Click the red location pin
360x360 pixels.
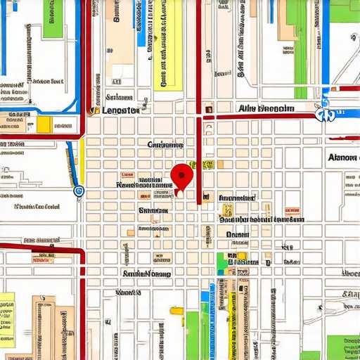pyautogui.click(x=181, y=175)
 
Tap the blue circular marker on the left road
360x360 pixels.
pyautogui.click(x=77, y=190)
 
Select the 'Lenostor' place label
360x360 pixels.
pyautogui.click(x=120, y=110)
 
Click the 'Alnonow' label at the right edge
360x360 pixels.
pyautogui.click(x=342, y=157)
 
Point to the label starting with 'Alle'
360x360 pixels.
pyautogui.click(x=266, y=108)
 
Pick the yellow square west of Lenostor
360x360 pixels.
pyautogui.click(x=44, y=124)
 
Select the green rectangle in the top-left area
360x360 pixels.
pyautogui.click(x=53, y=19)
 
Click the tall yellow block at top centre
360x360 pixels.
pyautogui.click(x=167, y=46)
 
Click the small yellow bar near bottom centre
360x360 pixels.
pyautogui.click(x=176, y=310)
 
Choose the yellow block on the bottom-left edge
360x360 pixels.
pyautogui.click(x=6, y=320)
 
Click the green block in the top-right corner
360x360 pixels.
pyautogui.click(x=345, y=11)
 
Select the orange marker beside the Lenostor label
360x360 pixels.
pyautogui.click(x=91, y=110)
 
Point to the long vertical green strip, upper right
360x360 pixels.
pyautogui.click(x=301, y=49)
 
